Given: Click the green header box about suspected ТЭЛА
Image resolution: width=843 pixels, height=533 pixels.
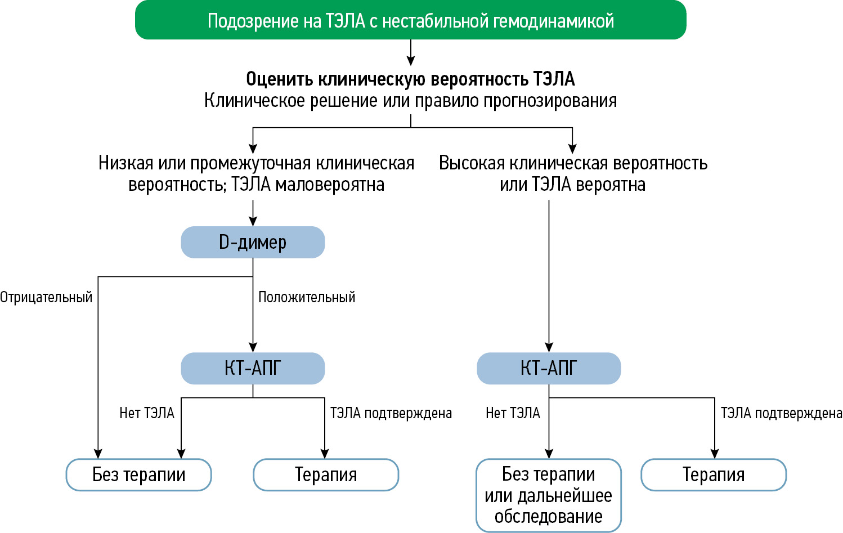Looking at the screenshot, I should point(410,20).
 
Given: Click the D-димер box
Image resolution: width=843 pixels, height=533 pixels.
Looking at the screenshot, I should point(253,243).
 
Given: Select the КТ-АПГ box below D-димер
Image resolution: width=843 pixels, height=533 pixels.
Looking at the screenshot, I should point(253,369).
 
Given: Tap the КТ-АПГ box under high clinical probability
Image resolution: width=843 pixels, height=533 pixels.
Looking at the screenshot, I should point(549,369).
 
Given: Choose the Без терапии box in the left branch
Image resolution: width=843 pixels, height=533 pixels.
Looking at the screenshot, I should point(139,475).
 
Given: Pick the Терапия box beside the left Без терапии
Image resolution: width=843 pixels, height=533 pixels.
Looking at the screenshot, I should point(326,475).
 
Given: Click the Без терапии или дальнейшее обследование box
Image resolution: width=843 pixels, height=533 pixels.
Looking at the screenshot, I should point(549,495).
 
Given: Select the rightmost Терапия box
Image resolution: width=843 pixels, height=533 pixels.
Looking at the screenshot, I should point(714,475).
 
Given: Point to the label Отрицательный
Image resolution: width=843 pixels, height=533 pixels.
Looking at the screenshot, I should point(46,297).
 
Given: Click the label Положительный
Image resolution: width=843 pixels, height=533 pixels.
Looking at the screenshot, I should point(307,297).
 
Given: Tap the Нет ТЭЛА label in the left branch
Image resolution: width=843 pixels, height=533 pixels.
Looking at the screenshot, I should point(147,413).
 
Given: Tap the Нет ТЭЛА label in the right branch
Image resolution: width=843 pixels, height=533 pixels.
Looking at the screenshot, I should point(513,413).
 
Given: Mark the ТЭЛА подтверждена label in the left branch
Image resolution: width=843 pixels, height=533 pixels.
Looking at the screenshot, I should point(391,413).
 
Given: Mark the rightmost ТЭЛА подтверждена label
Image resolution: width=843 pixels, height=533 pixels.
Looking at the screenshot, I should point(781,413).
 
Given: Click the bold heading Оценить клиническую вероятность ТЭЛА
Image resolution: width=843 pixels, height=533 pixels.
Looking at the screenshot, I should point(410,79).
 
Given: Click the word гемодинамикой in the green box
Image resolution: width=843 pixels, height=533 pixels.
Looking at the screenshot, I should point(553,21).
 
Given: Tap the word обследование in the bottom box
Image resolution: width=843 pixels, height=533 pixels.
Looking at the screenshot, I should point(549,517).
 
